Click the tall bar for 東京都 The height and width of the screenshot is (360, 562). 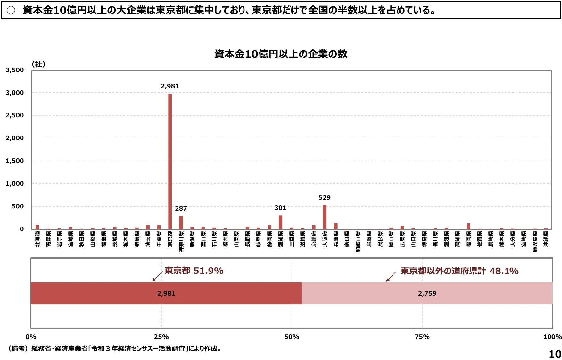[x=170, y=160]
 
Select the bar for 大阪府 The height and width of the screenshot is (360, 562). [x=325, y=217]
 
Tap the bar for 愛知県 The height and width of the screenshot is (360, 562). [x=280, y=222]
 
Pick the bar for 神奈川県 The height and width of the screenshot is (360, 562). [x=181, y=222]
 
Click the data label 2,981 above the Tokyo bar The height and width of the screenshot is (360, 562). [x=170, y=86]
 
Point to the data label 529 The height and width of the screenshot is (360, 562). [x=325, y=197]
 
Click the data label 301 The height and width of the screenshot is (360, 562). [x=280, y=208]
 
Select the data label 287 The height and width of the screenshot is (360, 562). [x=181, y=208]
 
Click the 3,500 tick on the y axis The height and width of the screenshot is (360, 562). [x=15, y=70]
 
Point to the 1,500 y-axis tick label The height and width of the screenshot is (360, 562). [x=15, y=161]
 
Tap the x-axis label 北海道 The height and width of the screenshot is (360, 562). [x=37, y=239]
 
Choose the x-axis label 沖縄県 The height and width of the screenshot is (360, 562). [x=546, y=239]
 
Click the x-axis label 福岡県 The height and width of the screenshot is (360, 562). [x=468, y=239]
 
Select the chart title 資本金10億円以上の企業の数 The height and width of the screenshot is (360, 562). [x=281, y=54]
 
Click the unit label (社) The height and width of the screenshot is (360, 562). [x=38, y=64]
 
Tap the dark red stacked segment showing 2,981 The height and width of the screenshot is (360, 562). [x=166, y=293]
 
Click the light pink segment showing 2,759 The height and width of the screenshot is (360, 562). [x=427, y=293]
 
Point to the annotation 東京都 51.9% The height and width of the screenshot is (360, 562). [x=194, y=271]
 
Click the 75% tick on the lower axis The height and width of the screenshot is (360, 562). [x=422, y=337]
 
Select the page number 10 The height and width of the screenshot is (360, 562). [x=555, y=354]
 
